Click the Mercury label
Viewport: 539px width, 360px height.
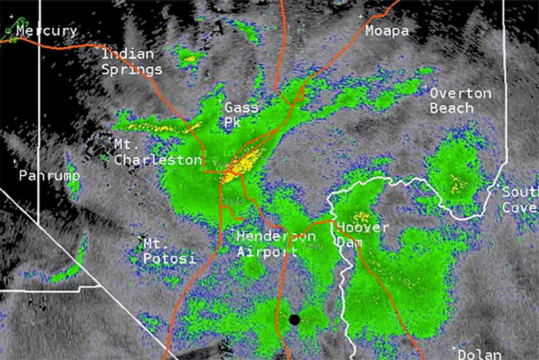pyautogui.click(x=47, y=31)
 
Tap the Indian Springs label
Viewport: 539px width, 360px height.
pyautogui.click(x=131, y=62)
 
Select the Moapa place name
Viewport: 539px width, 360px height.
pyautogui.click(x=387, y=31)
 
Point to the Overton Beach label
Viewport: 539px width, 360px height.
pyautogui.click(x=460, y=101)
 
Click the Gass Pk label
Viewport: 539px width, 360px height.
pyautogui.click(x=241, y=115)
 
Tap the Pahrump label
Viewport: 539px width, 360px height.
pyautogui.click(x=49, y=176)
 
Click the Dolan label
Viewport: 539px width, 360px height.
pyautogui.click(x=479, y=354)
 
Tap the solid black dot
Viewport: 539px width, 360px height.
pyautogui.click(x=294, y=319)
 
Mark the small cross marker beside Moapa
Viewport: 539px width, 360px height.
pyautogui.click(x=361, y=17)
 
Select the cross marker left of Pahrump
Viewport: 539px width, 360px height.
pyautogui.click(x=15, y=162)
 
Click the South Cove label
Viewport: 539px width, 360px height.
pyautogui.click(x=519, y=200)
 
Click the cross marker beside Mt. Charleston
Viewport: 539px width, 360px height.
pyautogui.click(x=110, y=138)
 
